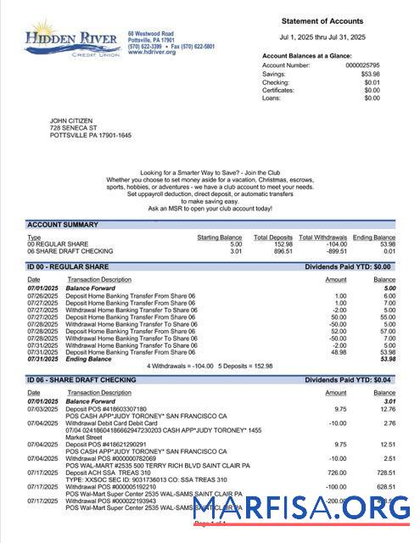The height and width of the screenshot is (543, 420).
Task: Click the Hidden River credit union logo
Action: pos(73,38)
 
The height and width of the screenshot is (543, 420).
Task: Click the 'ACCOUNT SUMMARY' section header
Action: pos(62,225)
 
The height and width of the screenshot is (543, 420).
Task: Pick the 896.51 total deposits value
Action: pos(282,250)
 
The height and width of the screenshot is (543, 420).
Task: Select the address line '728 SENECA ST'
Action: pos(73,127)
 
